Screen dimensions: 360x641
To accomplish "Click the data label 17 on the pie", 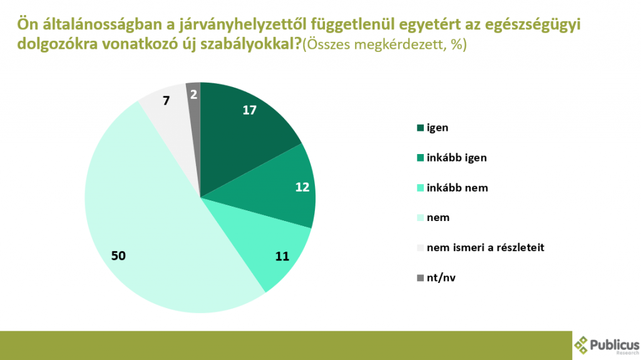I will pyautogui.click(x=250, y=110).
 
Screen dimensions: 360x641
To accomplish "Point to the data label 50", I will pyautogui.click(x=118, y=255).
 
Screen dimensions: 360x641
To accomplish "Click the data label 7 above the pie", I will pyautogui.click(x=166, y=99).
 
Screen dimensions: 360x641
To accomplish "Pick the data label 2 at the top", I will pyautogui.click(x=193, y=95).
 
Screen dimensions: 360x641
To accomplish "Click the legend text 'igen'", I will pyautogui.click(x=438, y=128).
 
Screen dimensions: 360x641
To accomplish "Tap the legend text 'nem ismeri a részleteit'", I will pyautogui.click(x=485, y=247).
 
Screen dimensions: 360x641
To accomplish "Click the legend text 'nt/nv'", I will pyautogui.click(x=440, y=277).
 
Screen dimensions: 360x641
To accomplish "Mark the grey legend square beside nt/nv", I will pyautogui.click(x=420, y=278).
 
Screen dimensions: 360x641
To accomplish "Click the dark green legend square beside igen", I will pyautogui.click(x=420, y=128).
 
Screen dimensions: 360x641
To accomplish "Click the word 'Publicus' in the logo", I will pyautogui.click(x=616, y=344).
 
